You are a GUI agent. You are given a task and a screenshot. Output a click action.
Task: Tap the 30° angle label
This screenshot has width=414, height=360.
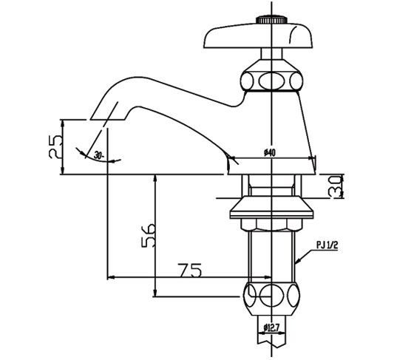tap(98, 157)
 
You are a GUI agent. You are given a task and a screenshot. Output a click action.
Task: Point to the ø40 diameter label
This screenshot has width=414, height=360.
tap(270, 153)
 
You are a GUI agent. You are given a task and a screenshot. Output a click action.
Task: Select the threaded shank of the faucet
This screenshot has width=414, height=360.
tap(273, 251)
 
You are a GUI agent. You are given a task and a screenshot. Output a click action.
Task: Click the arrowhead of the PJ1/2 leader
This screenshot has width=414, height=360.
tap(298, 262)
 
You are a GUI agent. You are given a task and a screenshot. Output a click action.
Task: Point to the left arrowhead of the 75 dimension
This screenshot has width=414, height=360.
tap(111, 277)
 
